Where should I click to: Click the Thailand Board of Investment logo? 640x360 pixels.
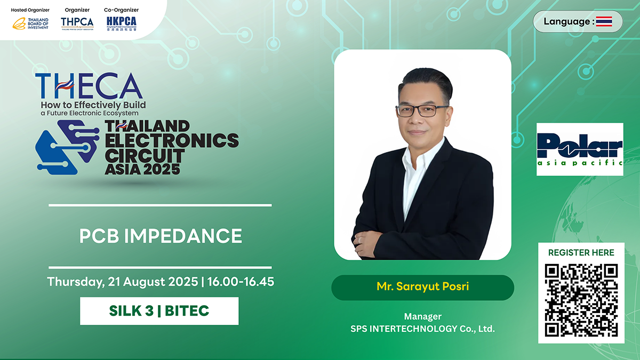tap(30, 23)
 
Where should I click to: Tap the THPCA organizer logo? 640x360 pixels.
tap(77, 23)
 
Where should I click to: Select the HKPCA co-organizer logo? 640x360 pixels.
tap(122, 23)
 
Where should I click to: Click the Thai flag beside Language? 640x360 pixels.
tap(604, 21)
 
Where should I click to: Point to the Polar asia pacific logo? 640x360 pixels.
tap(580, 149)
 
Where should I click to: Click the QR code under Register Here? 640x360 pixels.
tap(581, 300)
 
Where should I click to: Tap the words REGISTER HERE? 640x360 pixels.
tap(581, 253)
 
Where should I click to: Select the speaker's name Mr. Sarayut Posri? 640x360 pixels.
tap(422, 286)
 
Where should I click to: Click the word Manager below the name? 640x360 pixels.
tap(422, 317)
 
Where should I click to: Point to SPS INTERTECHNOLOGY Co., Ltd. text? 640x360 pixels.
tap(422, 329)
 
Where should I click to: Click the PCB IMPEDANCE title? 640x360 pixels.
tap(161, 236)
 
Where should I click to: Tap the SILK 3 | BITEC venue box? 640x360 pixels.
tap(159, 311)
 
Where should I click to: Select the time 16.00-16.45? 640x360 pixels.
tap(241, 282)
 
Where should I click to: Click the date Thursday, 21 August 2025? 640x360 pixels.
tap(123, 282)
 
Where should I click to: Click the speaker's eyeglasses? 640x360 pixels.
tap(422, 110)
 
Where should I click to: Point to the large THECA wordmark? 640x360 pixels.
tap(89, 86)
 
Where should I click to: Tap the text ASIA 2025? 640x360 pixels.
tap(142, 169)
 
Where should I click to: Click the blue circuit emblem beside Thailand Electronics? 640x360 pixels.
tap(67, 147)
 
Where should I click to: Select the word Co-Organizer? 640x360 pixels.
tap(121, 10)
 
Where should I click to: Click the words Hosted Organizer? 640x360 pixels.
tap(30, 10)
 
